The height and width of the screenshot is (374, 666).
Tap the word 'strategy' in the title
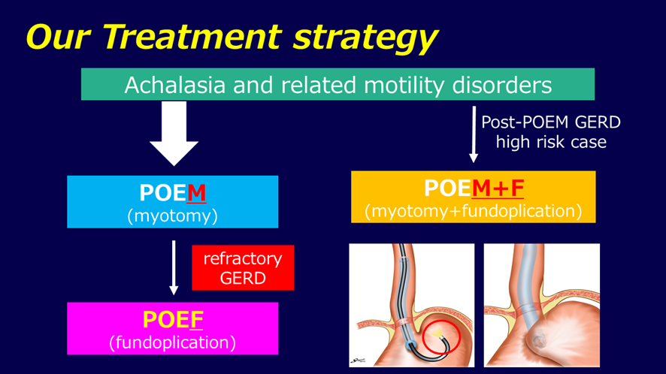(x=365, y=39)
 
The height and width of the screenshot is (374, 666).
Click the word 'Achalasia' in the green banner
(x=175, y=85)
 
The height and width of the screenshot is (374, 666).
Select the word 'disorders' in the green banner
(x=502, y=85)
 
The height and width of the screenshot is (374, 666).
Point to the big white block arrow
(x=174, y=133)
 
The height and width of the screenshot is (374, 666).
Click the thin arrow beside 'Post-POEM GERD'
(x=474, y=134)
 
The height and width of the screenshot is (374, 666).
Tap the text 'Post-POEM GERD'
(x=551, y=122)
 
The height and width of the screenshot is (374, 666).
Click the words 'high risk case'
(x=551, y=142)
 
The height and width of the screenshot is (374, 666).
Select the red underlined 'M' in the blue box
(x=196, y=193)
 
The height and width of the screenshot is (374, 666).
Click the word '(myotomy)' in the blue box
(x=172, y=216)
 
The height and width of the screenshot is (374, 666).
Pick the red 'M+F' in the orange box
(x=498, y=188)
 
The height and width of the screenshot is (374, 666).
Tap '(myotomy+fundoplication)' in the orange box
(x=473, y=211)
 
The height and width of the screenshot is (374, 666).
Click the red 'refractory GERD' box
(x=243, y=268)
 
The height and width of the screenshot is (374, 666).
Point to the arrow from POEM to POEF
(x=174, y=267)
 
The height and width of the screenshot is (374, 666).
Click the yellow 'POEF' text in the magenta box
(x=173, y=320)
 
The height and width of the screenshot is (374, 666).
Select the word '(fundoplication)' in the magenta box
(x=172, y=342)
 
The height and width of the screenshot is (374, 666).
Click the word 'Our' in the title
(x=58, y=37)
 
